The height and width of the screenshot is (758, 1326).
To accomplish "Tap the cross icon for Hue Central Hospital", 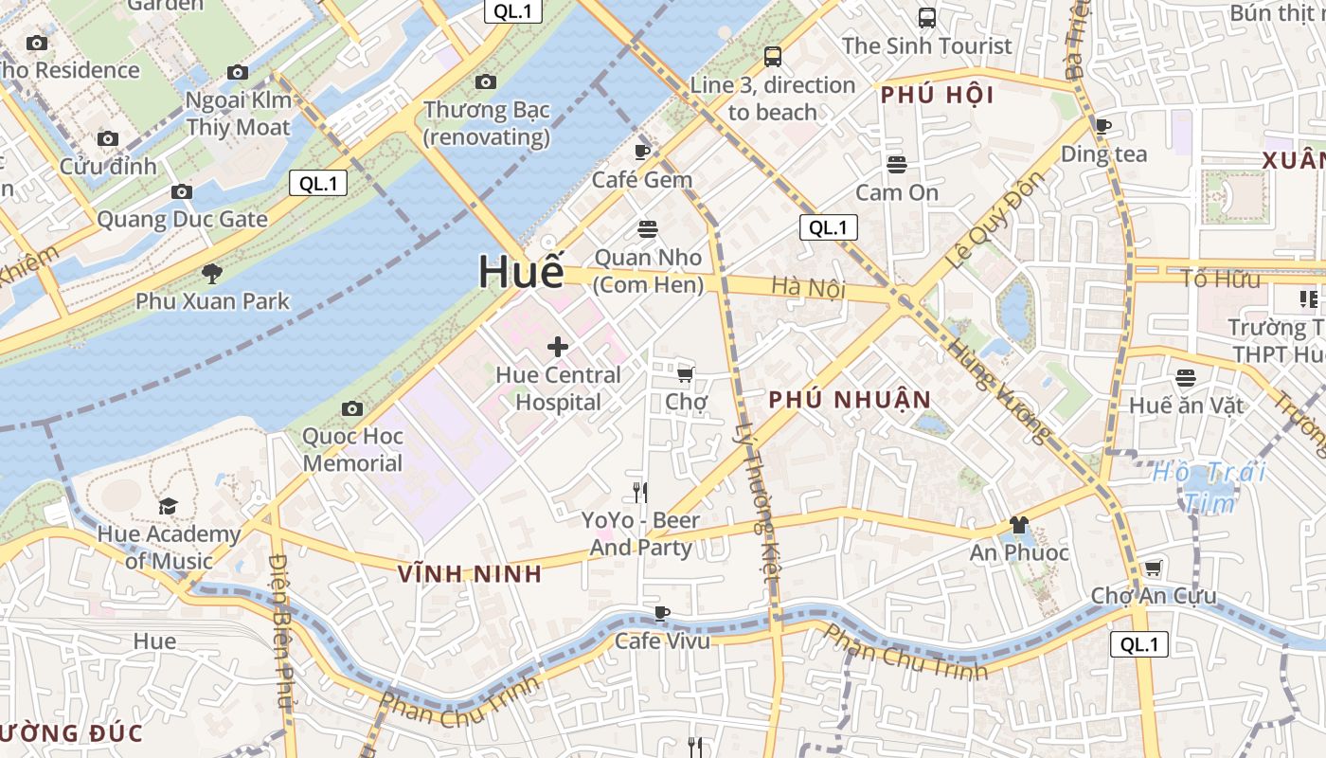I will (558, 347).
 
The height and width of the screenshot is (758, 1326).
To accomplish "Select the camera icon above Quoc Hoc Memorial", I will (352, 408).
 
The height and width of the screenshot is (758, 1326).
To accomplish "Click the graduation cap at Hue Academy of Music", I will (168, 506).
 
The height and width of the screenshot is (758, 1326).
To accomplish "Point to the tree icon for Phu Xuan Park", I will (212, 274).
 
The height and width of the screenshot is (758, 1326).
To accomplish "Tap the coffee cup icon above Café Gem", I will (642, 152).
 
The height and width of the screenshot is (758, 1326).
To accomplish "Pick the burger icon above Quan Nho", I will (648, 229).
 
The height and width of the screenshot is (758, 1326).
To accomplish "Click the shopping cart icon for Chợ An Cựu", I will (1153, 568).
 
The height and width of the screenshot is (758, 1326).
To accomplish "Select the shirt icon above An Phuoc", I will (1018, 524).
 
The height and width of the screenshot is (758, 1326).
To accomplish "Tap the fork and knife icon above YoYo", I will (640, 492).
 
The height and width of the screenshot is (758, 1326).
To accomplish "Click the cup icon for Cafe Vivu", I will (662, 613).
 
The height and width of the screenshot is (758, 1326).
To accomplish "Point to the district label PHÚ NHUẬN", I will (850, 400).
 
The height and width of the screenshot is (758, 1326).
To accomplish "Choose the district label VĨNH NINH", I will (470, 573).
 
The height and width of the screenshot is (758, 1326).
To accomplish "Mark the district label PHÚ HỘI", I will (937, 96).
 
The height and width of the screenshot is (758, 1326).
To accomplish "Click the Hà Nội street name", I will (808, 286).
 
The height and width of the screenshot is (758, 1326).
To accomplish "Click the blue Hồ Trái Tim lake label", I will (1210, 486).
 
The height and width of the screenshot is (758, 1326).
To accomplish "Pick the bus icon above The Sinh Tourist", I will (926, 17).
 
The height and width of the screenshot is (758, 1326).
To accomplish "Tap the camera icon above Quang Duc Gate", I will (182, 192).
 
